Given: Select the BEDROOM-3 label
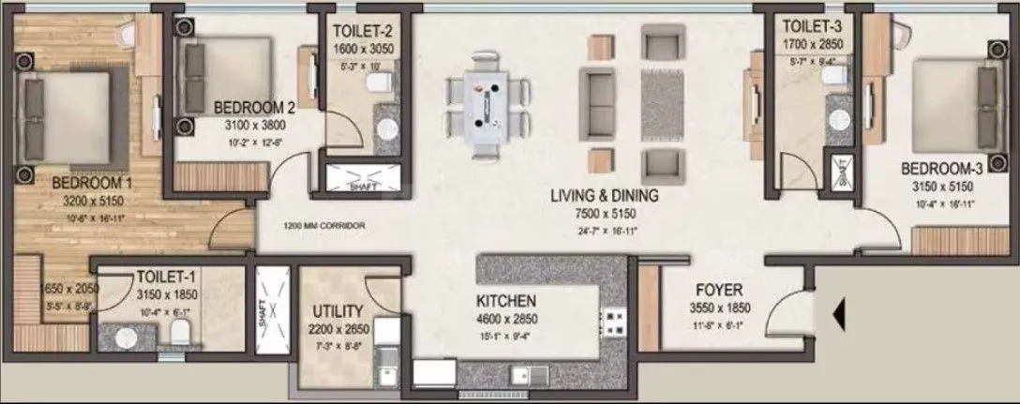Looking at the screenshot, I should [x=941, y=169].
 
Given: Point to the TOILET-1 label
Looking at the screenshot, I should [x=165, y=277].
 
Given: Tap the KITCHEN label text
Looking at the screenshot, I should [x=505, y=301].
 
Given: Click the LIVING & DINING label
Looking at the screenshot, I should [x=604, y=196].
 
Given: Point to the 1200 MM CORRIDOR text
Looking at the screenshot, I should [x=324, y=227].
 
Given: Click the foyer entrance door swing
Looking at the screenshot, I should [x=787, y=304].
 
